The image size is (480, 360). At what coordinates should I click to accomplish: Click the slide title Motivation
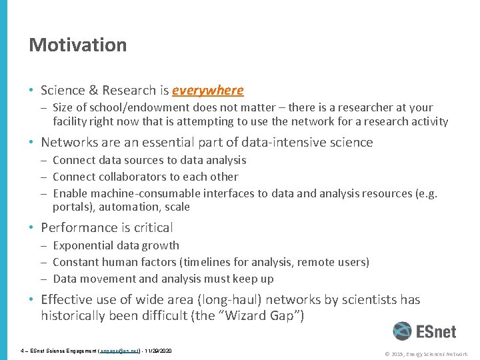click(x=77, y=45)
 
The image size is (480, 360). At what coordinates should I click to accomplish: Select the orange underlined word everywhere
click(x=207, y=90)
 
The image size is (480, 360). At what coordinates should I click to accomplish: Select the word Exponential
click(x=83, y=245)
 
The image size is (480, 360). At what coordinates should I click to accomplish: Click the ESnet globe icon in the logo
click(x=402, y=331)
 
